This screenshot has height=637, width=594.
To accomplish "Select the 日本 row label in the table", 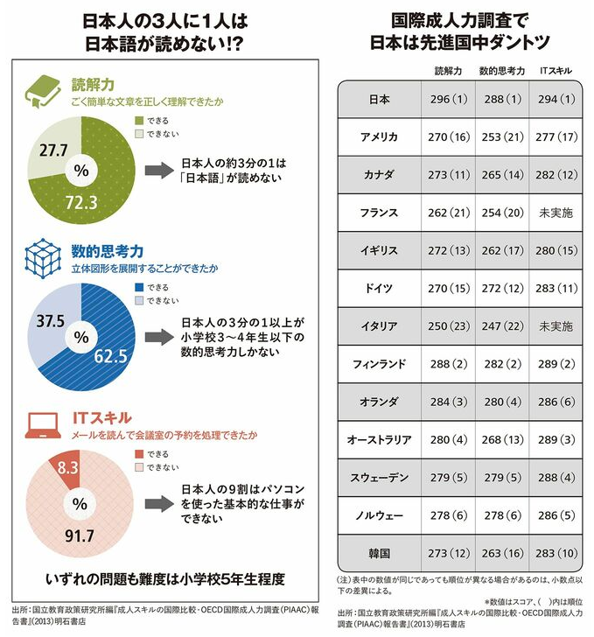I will click(380, 99).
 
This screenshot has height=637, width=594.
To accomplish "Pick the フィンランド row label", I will click(380, 362).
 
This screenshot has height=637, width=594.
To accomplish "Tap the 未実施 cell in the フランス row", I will click(556, 212).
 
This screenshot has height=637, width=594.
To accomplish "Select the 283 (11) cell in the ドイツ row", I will click(556, 287).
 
